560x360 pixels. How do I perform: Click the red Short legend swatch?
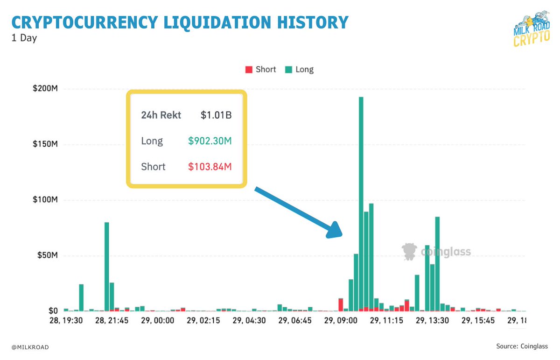coord(248,70)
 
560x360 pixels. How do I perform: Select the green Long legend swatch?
coord(288,70)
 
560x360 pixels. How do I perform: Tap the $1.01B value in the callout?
coord(216,115)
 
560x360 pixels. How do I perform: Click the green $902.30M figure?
coord(210,141)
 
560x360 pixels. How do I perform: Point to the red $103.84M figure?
coord(210,166)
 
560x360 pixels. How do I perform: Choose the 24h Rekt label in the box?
coord(161,115)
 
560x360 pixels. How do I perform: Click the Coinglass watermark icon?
coord(409,252)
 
